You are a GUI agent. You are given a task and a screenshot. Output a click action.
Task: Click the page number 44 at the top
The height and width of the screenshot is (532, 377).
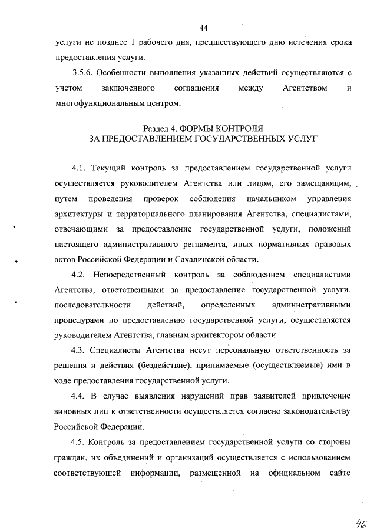point(204,28)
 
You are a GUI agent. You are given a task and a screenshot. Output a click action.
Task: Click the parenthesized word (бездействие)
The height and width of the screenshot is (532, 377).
point(158,366)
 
